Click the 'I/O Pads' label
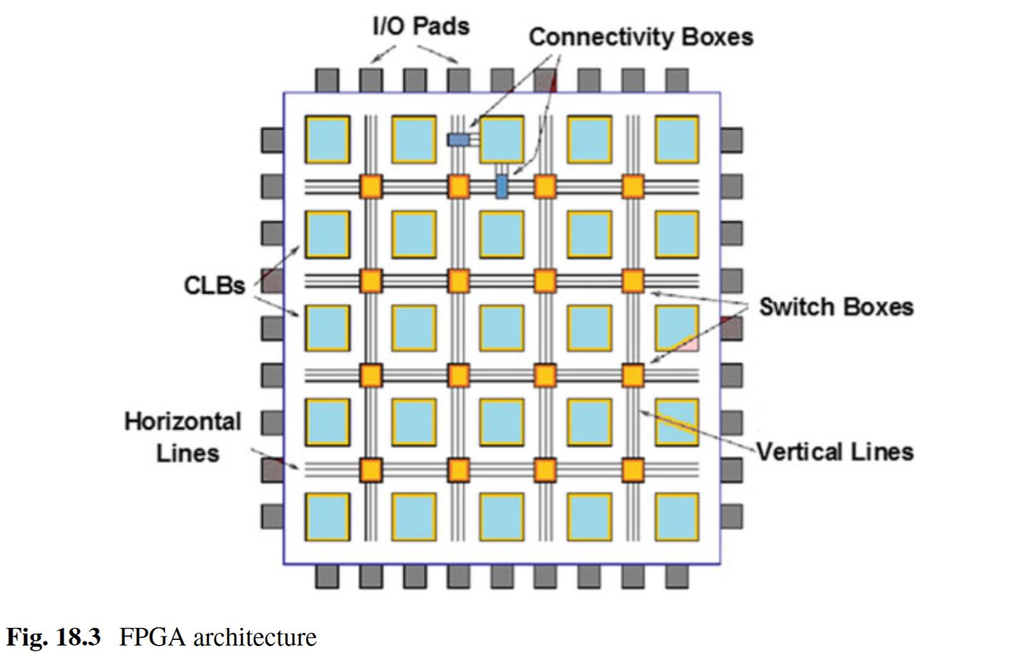pos(421,26)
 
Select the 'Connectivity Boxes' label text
pos(641,36)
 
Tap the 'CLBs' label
pos(214,285)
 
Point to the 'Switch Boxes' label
pos(835,307)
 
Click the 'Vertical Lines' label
pos(835,452)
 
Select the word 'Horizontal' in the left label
pos(182,421)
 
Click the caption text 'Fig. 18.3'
pos(54,636)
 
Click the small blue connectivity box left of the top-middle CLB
pos(458,139)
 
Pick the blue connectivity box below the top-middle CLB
pos(502,186)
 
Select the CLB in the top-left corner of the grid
pos(328,139)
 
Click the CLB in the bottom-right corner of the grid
pos(677,516)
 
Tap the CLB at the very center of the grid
pos(502,328)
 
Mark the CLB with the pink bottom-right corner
pos(677,328)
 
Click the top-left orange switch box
pos(371,186)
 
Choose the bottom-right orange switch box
pos(633,470)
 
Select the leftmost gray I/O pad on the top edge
pos(327,80)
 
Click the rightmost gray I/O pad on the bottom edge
pos(677,576)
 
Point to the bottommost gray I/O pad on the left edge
pos(272,516)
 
